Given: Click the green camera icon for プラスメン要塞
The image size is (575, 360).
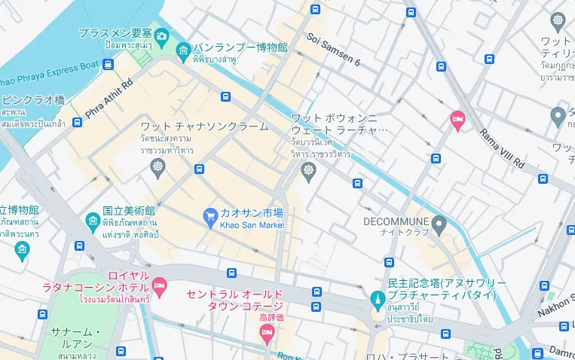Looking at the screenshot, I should pos(161,35).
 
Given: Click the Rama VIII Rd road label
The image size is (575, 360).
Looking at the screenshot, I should pos(502,148).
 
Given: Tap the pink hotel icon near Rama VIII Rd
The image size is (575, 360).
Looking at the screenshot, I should pos(457,120).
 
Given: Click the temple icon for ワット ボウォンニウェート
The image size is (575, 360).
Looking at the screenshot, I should pos(308,172).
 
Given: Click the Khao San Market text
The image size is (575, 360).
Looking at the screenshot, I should pos(252,225).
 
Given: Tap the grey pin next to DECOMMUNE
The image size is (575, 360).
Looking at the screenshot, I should pos(440,222).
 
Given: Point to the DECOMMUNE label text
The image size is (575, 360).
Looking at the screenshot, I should pos(396,221).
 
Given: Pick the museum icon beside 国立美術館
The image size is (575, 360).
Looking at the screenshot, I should pos(93,220).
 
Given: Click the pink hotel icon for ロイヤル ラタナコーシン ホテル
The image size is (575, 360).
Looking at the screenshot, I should pos(159,285).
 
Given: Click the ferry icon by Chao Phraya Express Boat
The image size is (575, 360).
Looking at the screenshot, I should pos(109,64).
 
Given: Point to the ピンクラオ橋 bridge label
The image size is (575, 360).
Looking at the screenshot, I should pos(33,99).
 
